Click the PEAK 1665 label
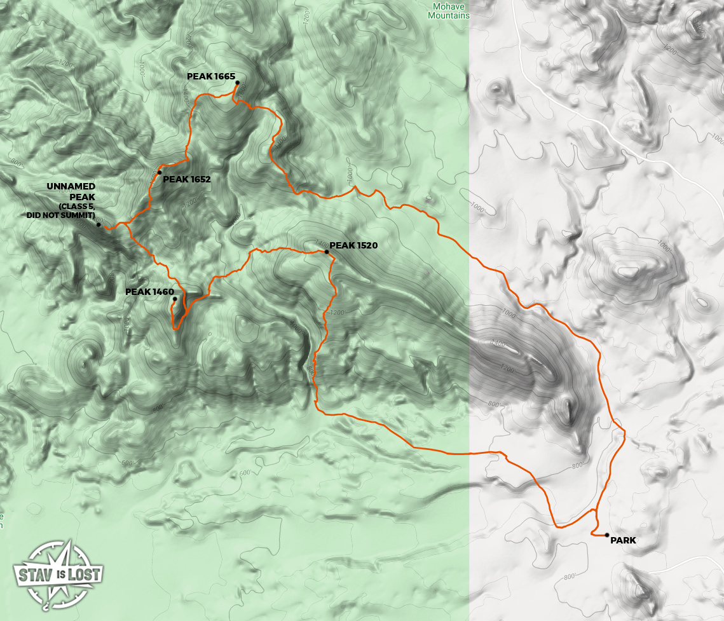(x=210, y=76)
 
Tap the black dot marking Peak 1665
(x=237, y=83)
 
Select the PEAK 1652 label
(x=186, y=179)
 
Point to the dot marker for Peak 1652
(x=160, y=172)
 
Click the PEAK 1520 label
(x=353, y=245)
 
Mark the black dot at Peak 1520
(x=327, y=252)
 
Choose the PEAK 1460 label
(x=149, y=292)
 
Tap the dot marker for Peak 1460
(x=174, y=299)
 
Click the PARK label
(x=623, y=541)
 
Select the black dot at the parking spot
(x=607, y=535)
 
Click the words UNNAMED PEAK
(x=71, y=191)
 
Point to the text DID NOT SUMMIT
(x=61, y=216)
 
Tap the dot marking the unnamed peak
(x=99, y=224)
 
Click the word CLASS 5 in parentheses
(x=77, y=208)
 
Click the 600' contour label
(x=245, y=473)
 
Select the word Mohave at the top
(x=447, y=6)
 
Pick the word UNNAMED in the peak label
(x=71, y=186)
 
